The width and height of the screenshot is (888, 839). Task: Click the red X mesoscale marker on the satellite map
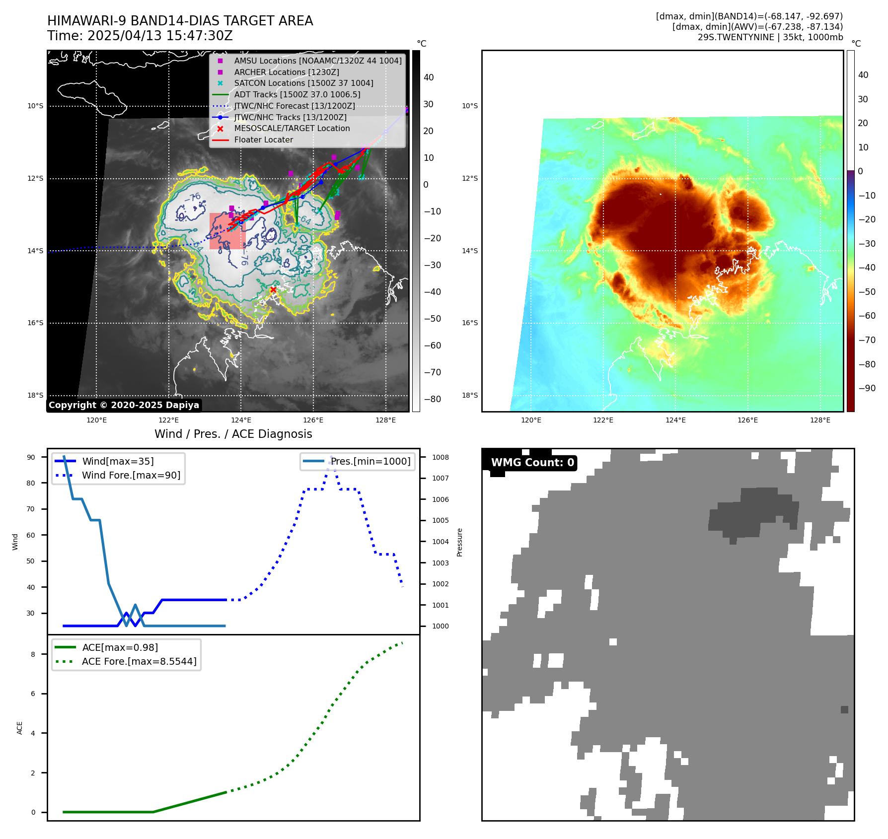[x=273, y=290]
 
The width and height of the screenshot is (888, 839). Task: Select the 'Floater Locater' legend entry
[x=263, y=140]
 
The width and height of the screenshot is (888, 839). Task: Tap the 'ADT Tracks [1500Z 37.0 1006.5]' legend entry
[x=297, y=94]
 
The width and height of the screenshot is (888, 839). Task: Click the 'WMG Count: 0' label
[x=532, y=463]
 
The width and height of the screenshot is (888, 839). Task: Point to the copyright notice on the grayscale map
[x=124, y=405]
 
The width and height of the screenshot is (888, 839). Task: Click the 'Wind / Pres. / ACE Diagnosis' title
[x=233, y=434]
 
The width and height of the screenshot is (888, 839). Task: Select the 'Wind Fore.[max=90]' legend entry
[x=131, y=475]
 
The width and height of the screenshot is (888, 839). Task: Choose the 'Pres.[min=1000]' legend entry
[x=370, y=461]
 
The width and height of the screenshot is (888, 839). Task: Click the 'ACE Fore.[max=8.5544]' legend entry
[x=139, y=661]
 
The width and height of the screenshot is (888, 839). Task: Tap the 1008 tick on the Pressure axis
[x=440, y=457]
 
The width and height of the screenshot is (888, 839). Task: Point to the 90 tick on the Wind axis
[x=31, y=457]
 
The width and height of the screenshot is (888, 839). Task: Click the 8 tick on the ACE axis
[x=33, y=654]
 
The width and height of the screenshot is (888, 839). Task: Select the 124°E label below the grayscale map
[x=241, y=420]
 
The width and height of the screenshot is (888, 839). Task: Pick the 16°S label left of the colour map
[x=470, y=323]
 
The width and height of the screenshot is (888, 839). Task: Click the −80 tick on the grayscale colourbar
[x=432, y=399]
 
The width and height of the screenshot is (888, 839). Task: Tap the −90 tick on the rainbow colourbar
[x=867, y=388]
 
